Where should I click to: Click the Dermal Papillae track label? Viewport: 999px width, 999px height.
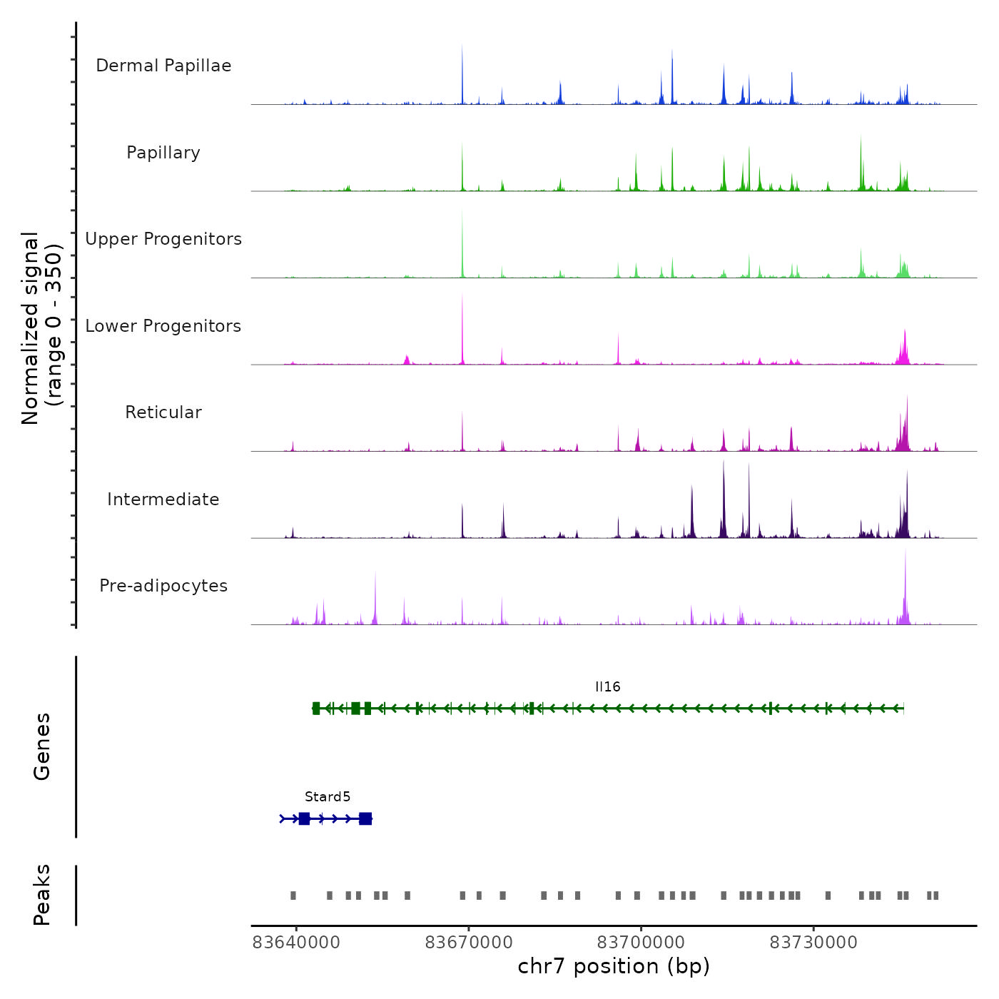[163, 66]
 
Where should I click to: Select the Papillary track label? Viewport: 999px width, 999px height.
[163, 153]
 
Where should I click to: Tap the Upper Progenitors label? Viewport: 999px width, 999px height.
[163, 239]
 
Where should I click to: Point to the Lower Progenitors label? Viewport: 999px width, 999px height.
[163, 326]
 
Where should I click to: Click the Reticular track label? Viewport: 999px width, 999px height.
[163, 412]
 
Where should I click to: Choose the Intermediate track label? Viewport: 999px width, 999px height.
[163, 499]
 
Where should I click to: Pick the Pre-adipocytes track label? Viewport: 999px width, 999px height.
[163, 586]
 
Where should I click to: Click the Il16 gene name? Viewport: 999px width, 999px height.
[608, 686]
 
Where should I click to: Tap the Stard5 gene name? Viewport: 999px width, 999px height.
[328, 796]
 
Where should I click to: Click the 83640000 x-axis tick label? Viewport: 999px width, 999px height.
[296, 943]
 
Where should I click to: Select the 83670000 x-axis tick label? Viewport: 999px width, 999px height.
[469, 943]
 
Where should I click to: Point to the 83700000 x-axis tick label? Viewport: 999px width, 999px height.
[641, 943]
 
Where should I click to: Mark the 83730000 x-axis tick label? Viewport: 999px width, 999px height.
[813, 943]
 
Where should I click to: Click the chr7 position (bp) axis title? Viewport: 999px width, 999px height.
[614, 966]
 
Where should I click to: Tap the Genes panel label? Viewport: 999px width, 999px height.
[42, 746]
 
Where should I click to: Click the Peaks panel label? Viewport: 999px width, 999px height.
[42, 895]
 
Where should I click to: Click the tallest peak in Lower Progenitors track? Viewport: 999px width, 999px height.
[462, 298]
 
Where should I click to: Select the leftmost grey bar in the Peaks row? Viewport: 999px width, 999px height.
[293, 896]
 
